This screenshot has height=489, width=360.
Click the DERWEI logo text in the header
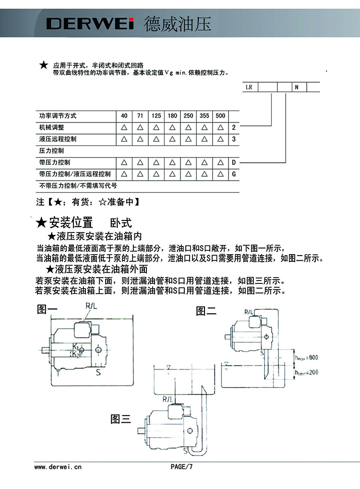point(89,24)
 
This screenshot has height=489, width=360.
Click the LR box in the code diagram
point(249,87)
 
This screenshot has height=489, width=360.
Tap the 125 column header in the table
point(156,116)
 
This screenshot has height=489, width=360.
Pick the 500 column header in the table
point(220,116)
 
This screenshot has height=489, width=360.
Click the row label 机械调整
point(51,128)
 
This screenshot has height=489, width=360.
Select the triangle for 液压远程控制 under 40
point(124,139)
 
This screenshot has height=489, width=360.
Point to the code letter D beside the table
point(234,162)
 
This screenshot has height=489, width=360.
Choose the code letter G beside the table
point(234,174)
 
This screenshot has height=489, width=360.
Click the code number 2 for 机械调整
point(234,128)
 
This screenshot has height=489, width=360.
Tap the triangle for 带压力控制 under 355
point(204,162)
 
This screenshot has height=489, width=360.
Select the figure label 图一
point(47,310)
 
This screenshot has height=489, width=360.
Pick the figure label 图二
point(206,311)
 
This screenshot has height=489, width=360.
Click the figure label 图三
point(121,419)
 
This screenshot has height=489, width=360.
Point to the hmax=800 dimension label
point(307,357)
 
